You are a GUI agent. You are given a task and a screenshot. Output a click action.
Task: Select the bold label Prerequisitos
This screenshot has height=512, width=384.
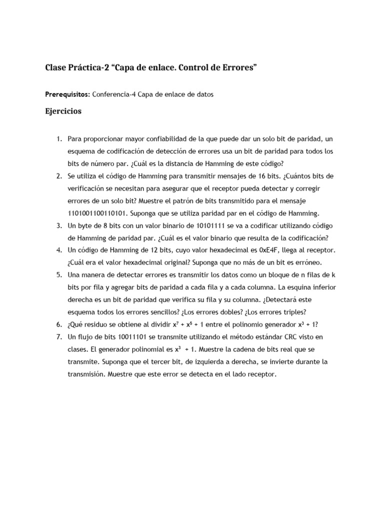coord(67,94)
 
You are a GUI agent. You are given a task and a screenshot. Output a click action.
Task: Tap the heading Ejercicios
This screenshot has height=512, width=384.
coord(63,111)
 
